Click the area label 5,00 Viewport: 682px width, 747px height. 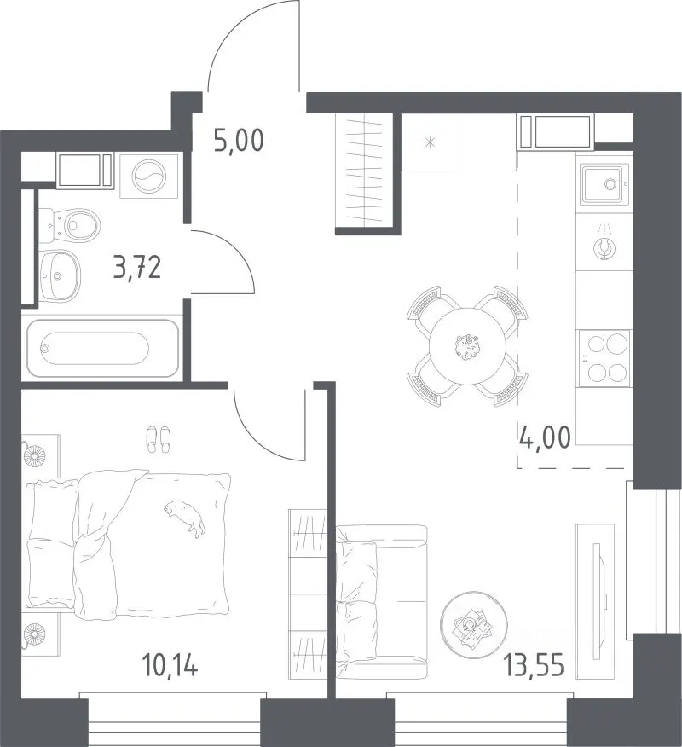pyautogui.click(x=239, y=141)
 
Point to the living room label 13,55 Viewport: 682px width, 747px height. pyautogui.click(x=535, y=665)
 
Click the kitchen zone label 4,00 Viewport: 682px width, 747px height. pyautogui.click(x=545, y=437)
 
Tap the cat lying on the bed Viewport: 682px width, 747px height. pyautogui.click(x=185, y=518)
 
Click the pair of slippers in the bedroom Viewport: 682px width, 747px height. pyautogui.click(x=158, y=439)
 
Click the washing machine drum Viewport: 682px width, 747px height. pyautogui.click(x=148, y=176)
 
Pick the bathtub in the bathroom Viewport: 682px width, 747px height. pyautogui.click(x=103, y=348)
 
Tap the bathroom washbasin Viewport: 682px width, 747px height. pyautogui.click(x=60, y=275)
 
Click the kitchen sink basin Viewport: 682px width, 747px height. pyautogui.click(x=602, y=184)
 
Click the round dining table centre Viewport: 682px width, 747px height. pyautogui.click(x=467, y=346)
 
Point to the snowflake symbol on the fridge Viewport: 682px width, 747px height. pyautogui.click(x=430, y=142)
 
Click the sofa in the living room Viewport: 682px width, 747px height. pyautogui.click(x=381, y=600)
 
